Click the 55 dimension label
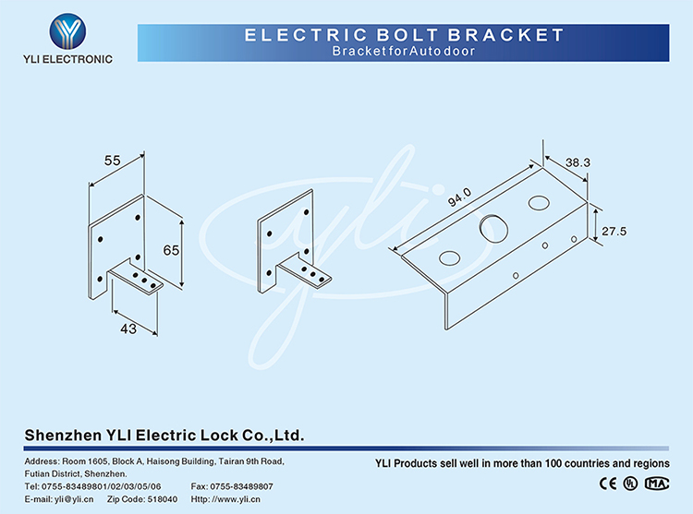tap(112, 161)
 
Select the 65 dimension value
tap(171, 251)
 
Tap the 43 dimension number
tap(128, 329)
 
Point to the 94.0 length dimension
tap(459, 197)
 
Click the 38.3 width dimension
tap(577, 162)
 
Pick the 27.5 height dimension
tap(614, 232)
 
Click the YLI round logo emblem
tap(67, 31)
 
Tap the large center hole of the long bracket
tap(493, 229)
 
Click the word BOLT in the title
tap(407, 35)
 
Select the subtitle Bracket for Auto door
tap(404, 51)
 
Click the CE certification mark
tap(608, 484)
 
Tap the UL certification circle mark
tap(630, 484)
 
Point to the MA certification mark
tap(657, 484)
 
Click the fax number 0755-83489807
tap(241, 486)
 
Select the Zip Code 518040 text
tap(142, 499)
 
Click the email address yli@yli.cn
tap(74, 499)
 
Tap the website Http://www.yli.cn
tap(225, 499)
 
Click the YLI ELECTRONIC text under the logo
tap(67, 59)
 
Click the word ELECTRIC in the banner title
tap(306, 35)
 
